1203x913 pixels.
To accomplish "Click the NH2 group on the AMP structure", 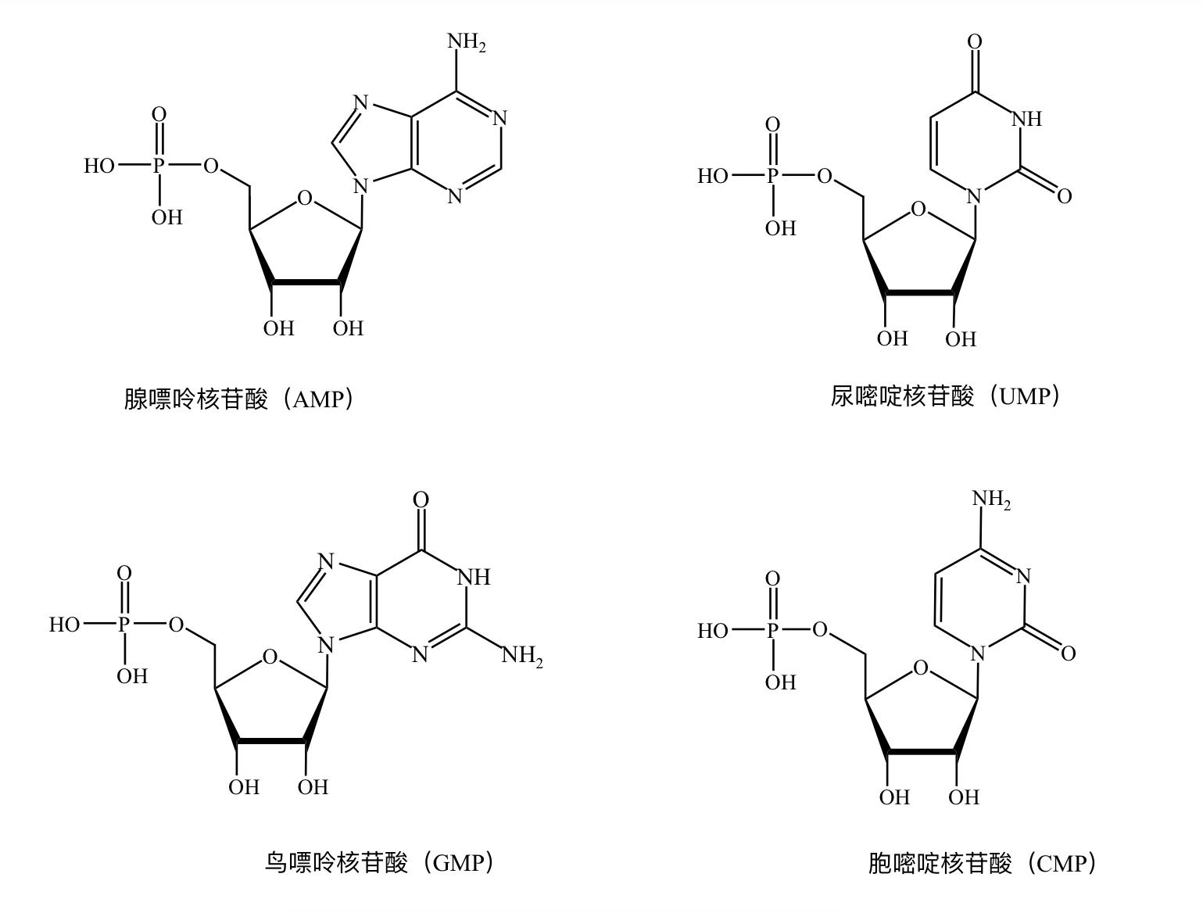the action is click(x=466, y=42).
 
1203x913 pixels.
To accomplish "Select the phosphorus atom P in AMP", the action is click(x=159, y=166).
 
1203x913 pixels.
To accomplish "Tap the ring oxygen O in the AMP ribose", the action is click(x=305, y=199).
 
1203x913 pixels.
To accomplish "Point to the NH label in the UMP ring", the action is click(x=1026, y=119).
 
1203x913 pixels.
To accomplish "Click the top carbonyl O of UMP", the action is click(x=975, y=41).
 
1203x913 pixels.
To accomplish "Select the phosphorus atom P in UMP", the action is click(x=773, y=176).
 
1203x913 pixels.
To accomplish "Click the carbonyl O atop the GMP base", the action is click(x=421, y=499).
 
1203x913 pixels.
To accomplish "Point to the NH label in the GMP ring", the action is click(x=473, y=578).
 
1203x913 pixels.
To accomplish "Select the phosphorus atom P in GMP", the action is click(x=124, y=624).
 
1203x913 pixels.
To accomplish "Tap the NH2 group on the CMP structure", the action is click(x=990, y=499).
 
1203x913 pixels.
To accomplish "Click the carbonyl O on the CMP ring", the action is click(x=1068, y=653).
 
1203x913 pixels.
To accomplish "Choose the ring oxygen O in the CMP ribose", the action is click(x=921, y=668).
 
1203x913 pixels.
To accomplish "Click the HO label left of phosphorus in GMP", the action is click(x=64, y=625).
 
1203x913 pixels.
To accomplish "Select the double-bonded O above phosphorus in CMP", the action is click(x=772, y=578).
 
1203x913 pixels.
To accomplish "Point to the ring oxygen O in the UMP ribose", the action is click(x=918, y=209).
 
